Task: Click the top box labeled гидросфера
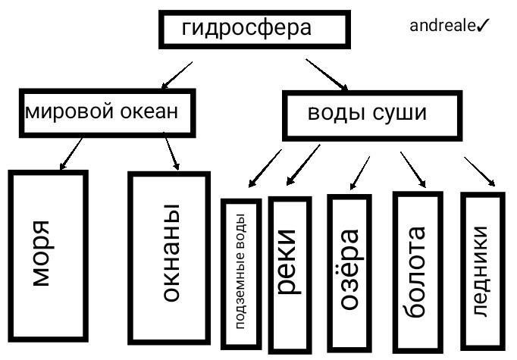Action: point(254,30)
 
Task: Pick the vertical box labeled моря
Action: point(48,256)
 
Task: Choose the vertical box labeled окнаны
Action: point(168,257)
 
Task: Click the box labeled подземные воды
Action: point(241,271)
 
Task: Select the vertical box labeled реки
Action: point(290,269)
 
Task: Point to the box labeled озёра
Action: point(349,269)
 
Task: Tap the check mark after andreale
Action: point(484,27)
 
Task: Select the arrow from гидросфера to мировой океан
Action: point(176,75)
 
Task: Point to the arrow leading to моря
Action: point(70,154)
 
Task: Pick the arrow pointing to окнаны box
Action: point(171,155)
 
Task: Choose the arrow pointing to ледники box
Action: point(480,171)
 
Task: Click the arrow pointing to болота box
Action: point(413,168)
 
